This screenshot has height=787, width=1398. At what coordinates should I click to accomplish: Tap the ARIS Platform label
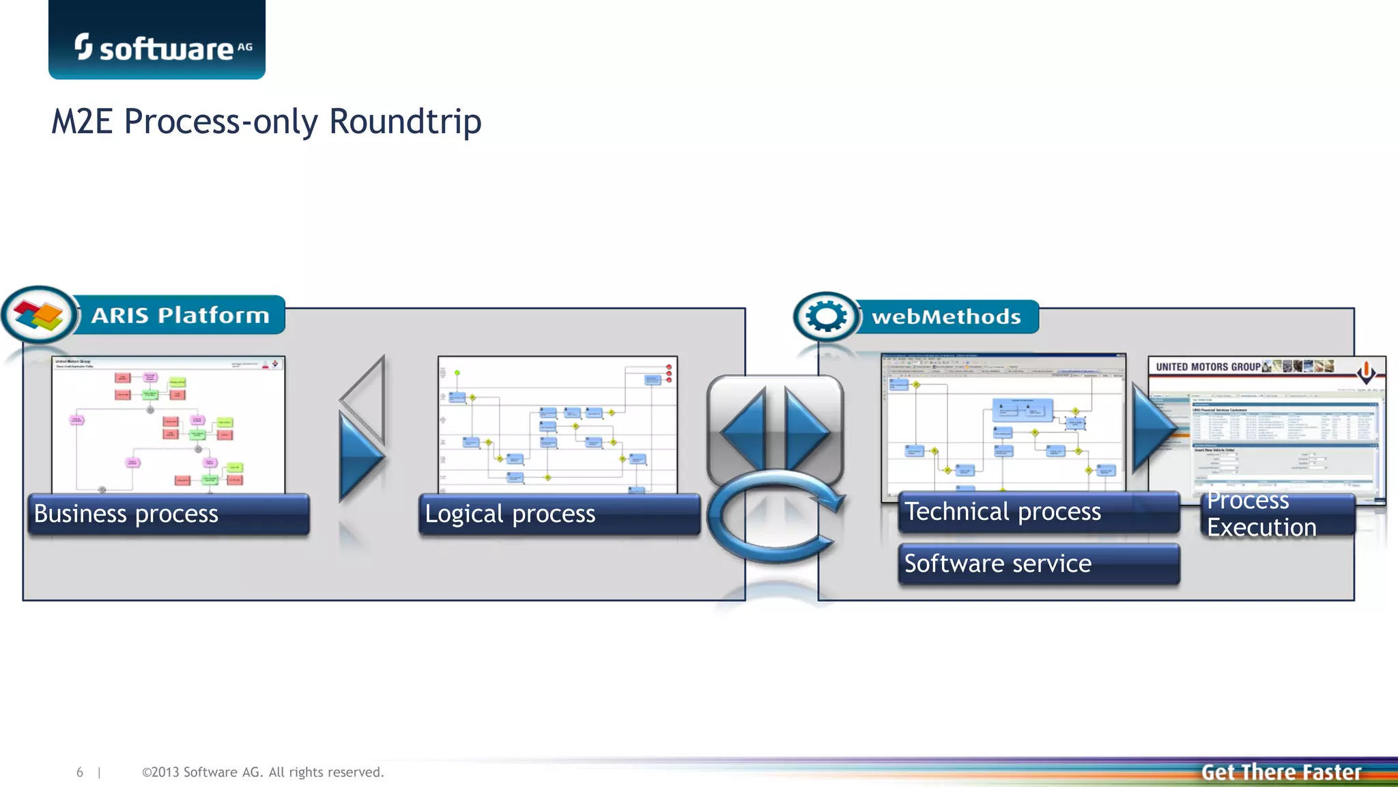pyautogui.click(x=180, y=315)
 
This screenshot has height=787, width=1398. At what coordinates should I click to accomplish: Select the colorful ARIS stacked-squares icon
pyautogui.click(x=39, y=315)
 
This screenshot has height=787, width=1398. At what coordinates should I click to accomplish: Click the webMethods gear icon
pyautogui.click(x=826, y=316)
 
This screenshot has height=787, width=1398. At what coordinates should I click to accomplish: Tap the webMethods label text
pyautogui.click(x=946, y=317)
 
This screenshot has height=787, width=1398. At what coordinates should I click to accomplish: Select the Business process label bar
pyautogui.click(x=168, y=514)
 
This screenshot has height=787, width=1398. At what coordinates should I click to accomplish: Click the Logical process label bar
pyautogui.click(x=558, y=514)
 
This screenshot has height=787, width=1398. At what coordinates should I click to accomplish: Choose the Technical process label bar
pyautogui.click(x=1038, y=512)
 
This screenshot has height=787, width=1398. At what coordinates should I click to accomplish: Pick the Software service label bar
pyautogui.click(x=1038, y=564)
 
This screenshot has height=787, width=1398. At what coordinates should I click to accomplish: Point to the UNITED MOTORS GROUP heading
pyautogui.click(x=1208, y=367)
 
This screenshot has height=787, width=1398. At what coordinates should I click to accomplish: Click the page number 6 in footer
pyautogui.click(x=80, y=772)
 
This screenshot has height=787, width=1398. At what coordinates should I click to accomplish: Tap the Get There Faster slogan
pyautogui.click(x=1281, y=772)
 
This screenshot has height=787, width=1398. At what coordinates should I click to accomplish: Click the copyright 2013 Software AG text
pyautogui.click(x=263, y=772)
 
